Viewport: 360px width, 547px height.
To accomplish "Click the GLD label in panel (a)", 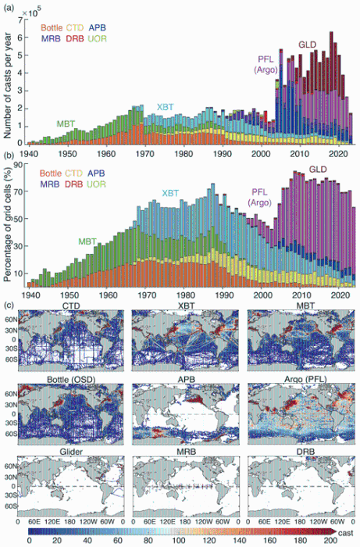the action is pos(307,45).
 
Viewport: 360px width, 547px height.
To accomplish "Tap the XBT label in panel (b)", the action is pos(170,193).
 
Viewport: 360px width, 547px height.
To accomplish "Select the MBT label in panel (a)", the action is pos(66,123).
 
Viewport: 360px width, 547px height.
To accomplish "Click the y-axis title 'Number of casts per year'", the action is pos(8,85).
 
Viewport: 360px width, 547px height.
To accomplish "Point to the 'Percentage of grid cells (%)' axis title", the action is pos(8,223).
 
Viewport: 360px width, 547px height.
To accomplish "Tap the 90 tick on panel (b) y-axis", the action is pos(17,165).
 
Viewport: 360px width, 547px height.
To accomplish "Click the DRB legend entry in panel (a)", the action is pos(75,39).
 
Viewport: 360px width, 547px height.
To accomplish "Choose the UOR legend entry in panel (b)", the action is pos(98,184).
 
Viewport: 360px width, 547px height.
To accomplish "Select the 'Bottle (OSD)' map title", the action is pos(71,379).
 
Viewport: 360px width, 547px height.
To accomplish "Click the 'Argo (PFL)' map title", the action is pos(305,379).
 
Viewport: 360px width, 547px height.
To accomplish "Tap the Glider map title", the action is pos(71,452).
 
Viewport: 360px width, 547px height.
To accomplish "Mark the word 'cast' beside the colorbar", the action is pos(346,533).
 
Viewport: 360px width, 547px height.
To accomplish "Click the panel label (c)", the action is pos(9,306).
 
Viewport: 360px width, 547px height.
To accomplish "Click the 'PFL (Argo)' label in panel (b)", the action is pos(260,197).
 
